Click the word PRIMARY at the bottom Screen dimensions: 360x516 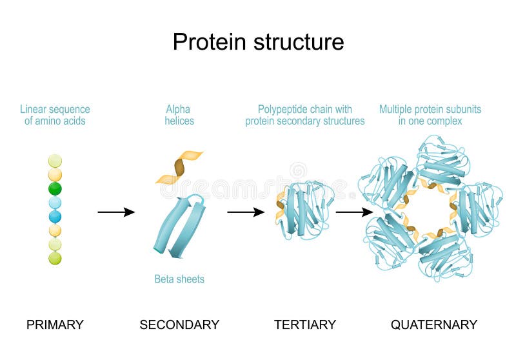[x=55, y=325]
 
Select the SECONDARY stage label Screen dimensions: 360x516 [x=179, y=325]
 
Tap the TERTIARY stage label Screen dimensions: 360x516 [x=304, y=325]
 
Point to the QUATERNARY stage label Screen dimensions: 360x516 [x=433, y=325]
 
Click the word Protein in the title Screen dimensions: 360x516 [x=210, y=42]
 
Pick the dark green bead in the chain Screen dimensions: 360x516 [x=55, y=188]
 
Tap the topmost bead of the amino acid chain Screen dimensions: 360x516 [x=55, y=161]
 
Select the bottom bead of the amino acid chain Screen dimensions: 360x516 [x=55, y=258]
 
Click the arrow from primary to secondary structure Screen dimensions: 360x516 [x=116, y=212]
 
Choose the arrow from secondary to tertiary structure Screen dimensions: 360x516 [x=246, y=212]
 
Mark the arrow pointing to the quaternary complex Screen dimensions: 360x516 [x=354, y=212]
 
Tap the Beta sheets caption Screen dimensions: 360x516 [x=179, y=279]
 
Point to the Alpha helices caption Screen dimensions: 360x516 [x=179, y=115]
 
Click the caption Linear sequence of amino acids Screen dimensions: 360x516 [x=55, y=115]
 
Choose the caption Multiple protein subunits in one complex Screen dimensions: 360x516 [x=430, y=115]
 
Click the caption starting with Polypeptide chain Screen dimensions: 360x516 [x=304, y=115]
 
